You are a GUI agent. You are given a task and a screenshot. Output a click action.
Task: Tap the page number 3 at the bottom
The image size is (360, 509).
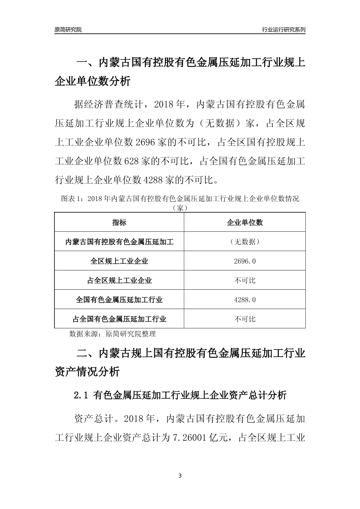pos(180,476)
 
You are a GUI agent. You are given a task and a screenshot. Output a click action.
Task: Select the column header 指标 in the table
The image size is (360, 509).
pos(119,223)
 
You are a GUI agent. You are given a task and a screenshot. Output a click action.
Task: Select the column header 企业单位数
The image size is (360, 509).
pos(245,223)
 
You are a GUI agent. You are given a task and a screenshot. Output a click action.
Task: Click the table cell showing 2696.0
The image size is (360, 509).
pos(245,261)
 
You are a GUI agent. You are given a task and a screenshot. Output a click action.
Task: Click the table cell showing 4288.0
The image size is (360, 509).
pos(245,300)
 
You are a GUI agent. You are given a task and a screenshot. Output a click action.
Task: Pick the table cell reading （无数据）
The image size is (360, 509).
pos(245,242)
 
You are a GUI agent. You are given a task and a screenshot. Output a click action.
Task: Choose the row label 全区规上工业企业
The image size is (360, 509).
pos(119,261)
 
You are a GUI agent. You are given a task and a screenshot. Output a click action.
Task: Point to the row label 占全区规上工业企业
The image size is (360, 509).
pos(119,281)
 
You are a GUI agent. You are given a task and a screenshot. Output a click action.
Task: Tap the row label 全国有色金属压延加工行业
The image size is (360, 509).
pos(119,300)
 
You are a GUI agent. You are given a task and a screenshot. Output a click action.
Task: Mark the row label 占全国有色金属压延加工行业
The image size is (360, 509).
pos(119,319)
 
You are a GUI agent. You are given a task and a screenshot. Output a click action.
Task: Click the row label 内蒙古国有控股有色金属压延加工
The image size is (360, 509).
pos(119,242)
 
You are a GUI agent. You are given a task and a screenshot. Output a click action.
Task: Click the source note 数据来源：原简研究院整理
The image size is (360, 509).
pos(113,334)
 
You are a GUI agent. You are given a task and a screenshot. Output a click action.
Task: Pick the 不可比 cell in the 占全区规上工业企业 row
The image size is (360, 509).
pos(245,281)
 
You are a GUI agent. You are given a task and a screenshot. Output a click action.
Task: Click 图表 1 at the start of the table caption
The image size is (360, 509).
pos(71,199)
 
